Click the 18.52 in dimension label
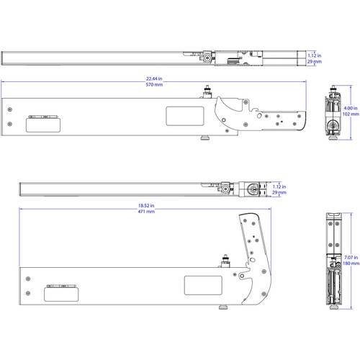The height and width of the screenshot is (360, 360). pyautogui.click(x=146, y=206)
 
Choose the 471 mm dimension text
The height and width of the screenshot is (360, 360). pyautogui.click(x=146, y=212)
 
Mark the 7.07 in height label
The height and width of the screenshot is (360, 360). pyautogui.click(x=350, y=257)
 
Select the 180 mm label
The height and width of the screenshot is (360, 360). pyautogui.click(x=350, y=264)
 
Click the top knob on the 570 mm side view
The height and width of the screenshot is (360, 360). pyautogui.click(x=207, y=91)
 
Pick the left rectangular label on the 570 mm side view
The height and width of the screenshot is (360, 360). pyautogui.click(x=42, y=124)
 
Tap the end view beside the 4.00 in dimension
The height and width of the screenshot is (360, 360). pyautogui.click(x=332, y=114)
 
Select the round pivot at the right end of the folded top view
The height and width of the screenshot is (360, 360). pyautogui.click(x=253, y=190)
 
